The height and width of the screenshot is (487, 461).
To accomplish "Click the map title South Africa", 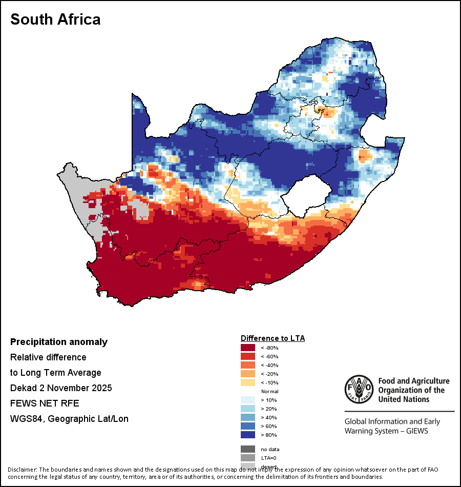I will pyautogui.click(x=55, y=19).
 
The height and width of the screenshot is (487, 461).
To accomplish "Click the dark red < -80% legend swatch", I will pyautogui.click(x=247, y=348).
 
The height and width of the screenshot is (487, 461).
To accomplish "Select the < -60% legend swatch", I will pyautogui.click(x=247, y=357).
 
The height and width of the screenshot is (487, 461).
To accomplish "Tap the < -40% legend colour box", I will pyautogui.click(x=247, y=365).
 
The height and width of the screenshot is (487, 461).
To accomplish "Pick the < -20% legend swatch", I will pyautogui.click(x=247, y=374).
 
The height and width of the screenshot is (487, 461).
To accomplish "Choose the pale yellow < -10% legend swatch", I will pyautogui.click(x=247, y=382).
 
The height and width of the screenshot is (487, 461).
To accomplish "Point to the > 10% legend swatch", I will pyautogui.click(x=247, y=400).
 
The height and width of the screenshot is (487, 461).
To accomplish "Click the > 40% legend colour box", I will pyautogui.click(x=247, y=418).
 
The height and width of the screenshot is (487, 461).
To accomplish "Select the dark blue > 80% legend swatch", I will pyautogui.click(x=247, y=435).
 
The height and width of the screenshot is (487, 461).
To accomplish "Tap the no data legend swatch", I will pyautogui.click(x=247, y=449).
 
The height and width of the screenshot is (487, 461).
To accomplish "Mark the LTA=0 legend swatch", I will pyautogui.click(x=247, y=458).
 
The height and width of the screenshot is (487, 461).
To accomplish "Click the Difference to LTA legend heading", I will pyautogui.click(x=273, y=338).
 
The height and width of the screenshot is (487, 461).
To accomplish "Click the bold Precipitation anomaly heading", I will pyautogui.click(x=59, y=342).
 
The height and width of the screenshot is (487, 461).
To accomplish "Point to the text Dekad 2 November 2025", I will pyautogui.click(x=61, y=388).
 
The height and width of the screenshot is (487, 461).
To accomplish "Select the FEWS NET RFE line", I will pyautogui.click(x=45, y=403).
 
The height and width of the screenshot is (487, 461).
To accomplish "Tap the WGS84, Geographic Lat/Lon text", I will pyautogui.click(x=69, y=419).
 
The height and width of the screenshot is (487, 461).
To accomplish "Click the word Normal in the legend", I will pyautogui.click(x=269, y=391).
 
